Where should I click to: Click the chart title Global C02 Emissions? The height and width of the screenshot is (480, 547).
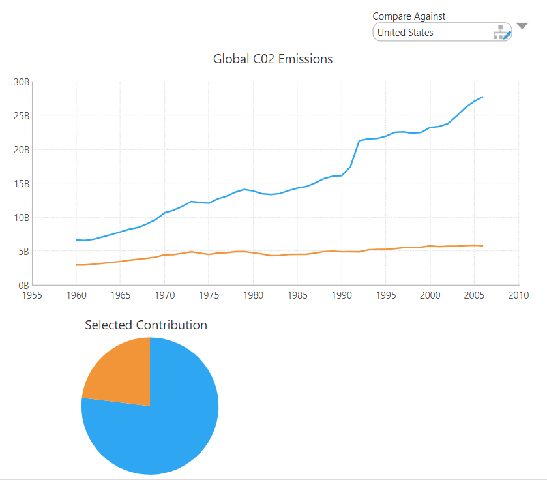click(x=273, y=59)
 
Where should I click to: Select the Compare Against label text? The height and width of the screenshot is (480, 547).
click(x=409, y=16)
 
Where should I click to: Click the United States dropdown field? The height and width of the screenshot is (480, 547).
click(x=430, y=33)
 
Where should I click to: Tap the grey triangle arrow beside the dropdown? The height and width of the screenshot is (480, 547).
click(x=522, y=26)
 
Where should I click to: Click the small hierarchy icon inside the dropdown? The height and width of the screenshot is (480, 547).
click(x=501, y=33)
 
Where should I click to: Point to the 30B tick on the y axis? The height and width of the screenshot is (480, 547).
click(x=22, y=82)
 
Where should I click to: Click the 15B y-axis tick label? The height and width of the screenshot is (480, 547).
click(x=22, y=183)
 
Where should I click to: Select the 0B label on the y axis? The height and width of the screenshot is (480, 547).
click(x=23, y=285)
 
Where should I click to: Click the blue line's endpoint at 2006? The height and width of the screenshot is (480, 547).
click(x=482, y=97)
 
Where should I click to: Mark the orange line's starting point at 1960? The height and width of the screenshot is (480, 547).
click(x=76, y=265)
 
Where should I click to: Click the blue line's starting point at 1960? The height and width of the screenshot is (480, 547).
click(x=76, y=240)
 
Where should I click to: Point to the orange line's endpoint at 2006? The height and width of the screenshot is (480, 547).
click(x=482, y=246)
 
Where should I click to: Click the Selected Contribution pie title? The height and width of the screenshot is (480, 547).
click(x=146, y=325)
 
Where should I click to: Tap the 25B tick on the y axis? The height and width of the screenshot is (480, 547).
click(x=22, y=116)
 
